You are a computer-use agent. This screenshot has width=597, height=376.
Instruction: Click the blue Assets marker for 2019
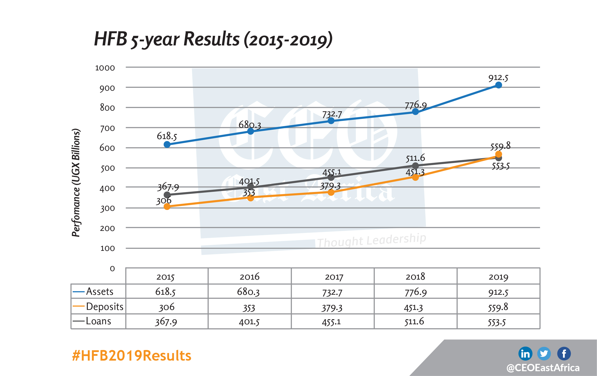[498, 85]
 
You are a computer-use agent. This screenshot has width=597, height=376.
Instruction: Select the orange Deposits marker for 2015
[167, 207]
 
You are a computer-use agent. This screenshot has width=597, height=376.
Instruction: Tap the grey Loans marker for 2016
[251, 186]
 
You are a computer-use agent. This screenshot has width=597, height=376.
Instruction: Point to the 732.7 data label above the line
[332, 115]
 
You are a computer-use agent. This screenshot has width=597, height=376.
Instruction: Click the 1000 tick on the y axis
[105, 68]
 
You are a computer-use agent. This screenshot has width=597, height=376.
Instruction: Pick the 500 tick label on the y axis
[107, 168]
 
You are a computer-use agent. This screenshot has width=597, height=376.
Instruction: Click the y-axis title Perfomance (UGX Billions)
[76, 183]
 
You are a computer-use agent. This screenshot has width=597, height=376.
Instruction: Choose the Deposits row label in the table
[104, 307]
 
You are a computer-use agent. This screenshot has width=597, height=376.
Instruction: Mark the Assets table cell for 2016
[248, 292]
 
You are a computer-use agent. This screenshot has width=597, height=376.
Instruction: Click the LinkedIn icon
[525, 354]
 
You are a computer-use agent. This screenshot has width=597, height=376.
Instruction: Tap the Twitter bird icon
[544, 354]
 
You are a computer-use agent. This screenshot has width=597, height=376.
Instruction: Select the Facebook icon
[564, 354]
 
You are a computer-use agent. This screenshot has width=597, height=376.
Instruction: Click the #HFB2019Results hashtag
[131, 356]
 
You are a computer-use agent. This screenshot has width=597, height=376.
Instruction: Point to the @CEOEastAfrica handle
[543, 368]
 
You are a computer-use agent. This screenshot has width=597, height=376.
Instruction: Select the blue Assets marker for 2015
[167, 145]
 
